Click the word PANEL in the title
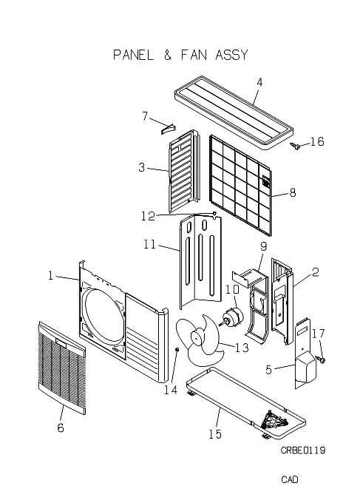(x=133, y=55)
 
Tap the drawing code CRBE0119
(x=303, y=450)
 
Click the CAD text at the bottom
(x=290, y=479)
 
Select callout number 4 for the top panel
(x=259, y=82)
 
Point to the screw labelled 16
(x=296, y=146)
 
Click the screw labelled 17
(x=320, y=359)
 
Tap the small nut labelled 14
(x=177, y=349)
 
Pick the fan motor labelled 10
(x=233, y=316)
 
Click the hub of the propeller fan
(x=197, y=338)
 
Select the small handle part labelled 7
(x=169, y=128)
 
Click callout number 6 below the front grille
(x=61, y=428)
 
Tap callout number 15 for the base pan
(x=215, y=434)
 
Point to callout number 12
(x=148, y=216)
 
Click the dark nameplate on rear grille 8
(x=266, y=181)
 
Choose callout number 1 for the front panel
(x=51, y=276)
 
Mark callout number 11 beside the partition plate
(x=149, y=244)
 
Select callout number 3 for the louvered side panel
(x=142, y=167)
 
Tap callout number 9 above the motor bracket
(x=263, y=246)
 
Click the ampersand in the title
(x=168, y=55)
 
